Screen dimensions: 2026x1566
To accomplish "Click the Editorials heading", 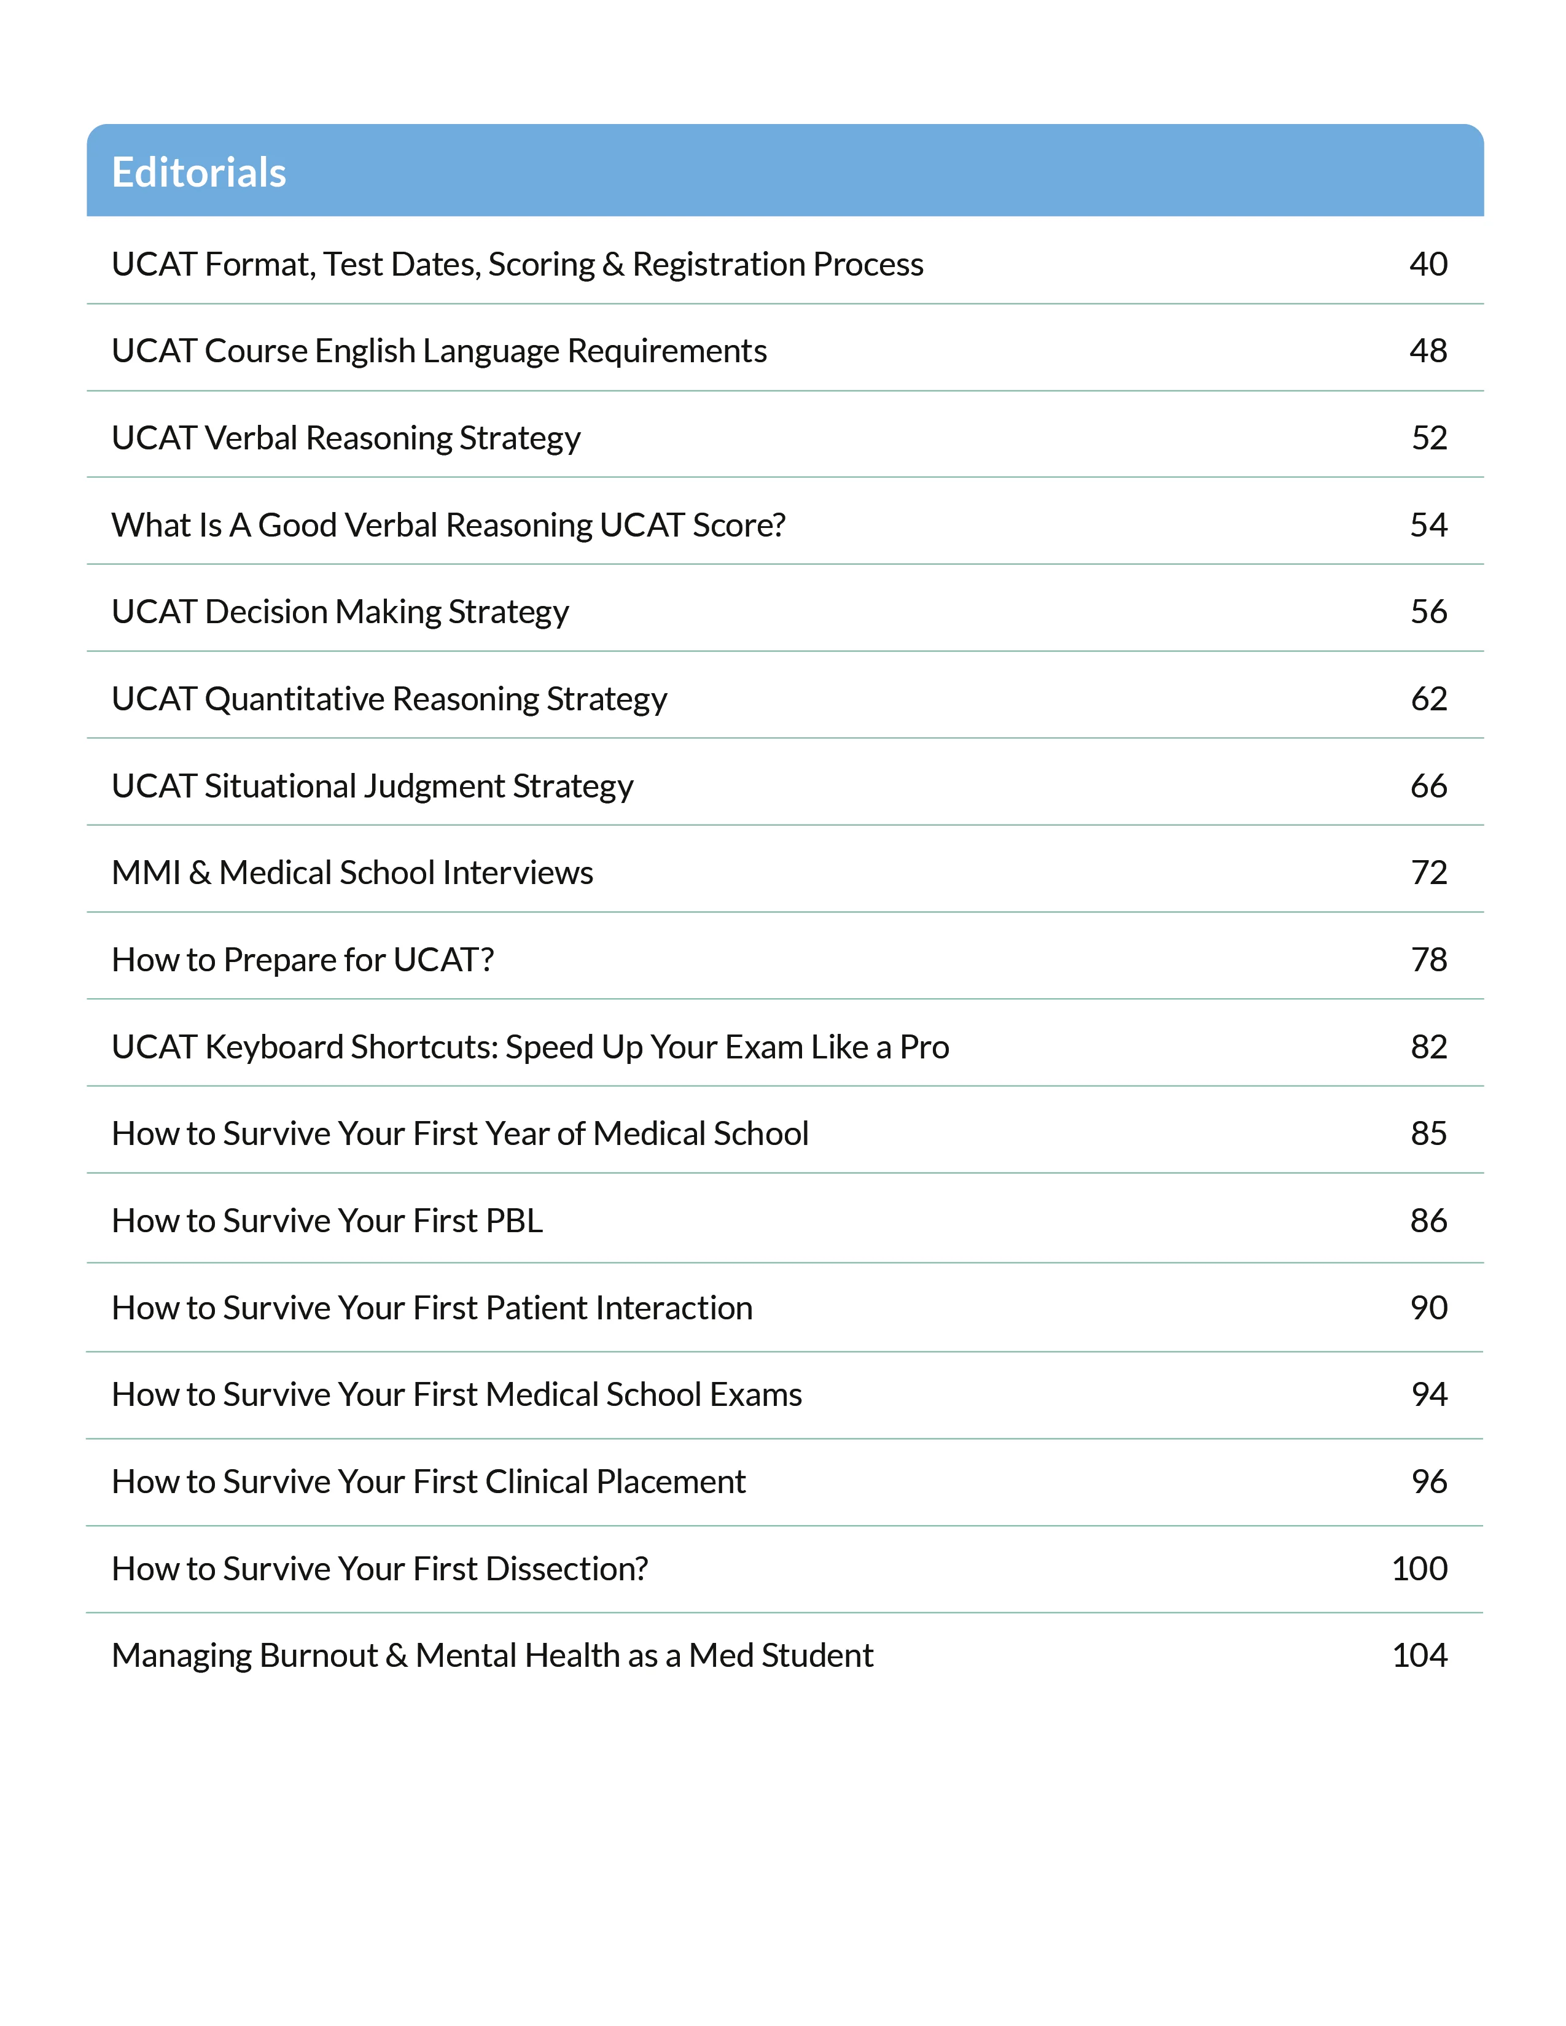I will tap(198, 173).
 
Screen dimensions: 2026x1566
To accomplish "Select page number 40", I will tap(1428, 265).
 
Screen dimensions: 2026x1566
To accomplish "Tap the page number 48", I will tap(1428, 351).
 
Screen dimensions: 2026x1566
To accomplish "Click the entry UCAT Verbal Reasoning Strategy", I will tap(345, 438).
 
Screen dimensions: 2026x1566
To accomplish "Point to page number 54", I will tap(1428, 525).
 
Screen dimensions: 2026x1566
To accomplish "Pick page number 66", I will tap(1428, 786).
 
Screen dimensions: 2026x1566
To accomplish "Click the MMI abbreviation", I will tap(146, 873).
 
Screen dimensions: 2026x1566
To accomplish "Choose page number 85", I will tap(1428, 1133).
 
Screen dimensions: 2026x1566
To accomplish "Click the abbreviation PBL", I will tap(513, 1221).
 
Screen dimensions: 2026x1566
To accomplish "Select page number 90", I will tap(1428, 1308).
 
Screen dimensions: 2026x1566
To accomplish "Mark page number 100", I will tap(1419, 1569).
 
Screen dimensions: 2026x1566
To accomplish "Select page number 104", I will tap(1419, 1656).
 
